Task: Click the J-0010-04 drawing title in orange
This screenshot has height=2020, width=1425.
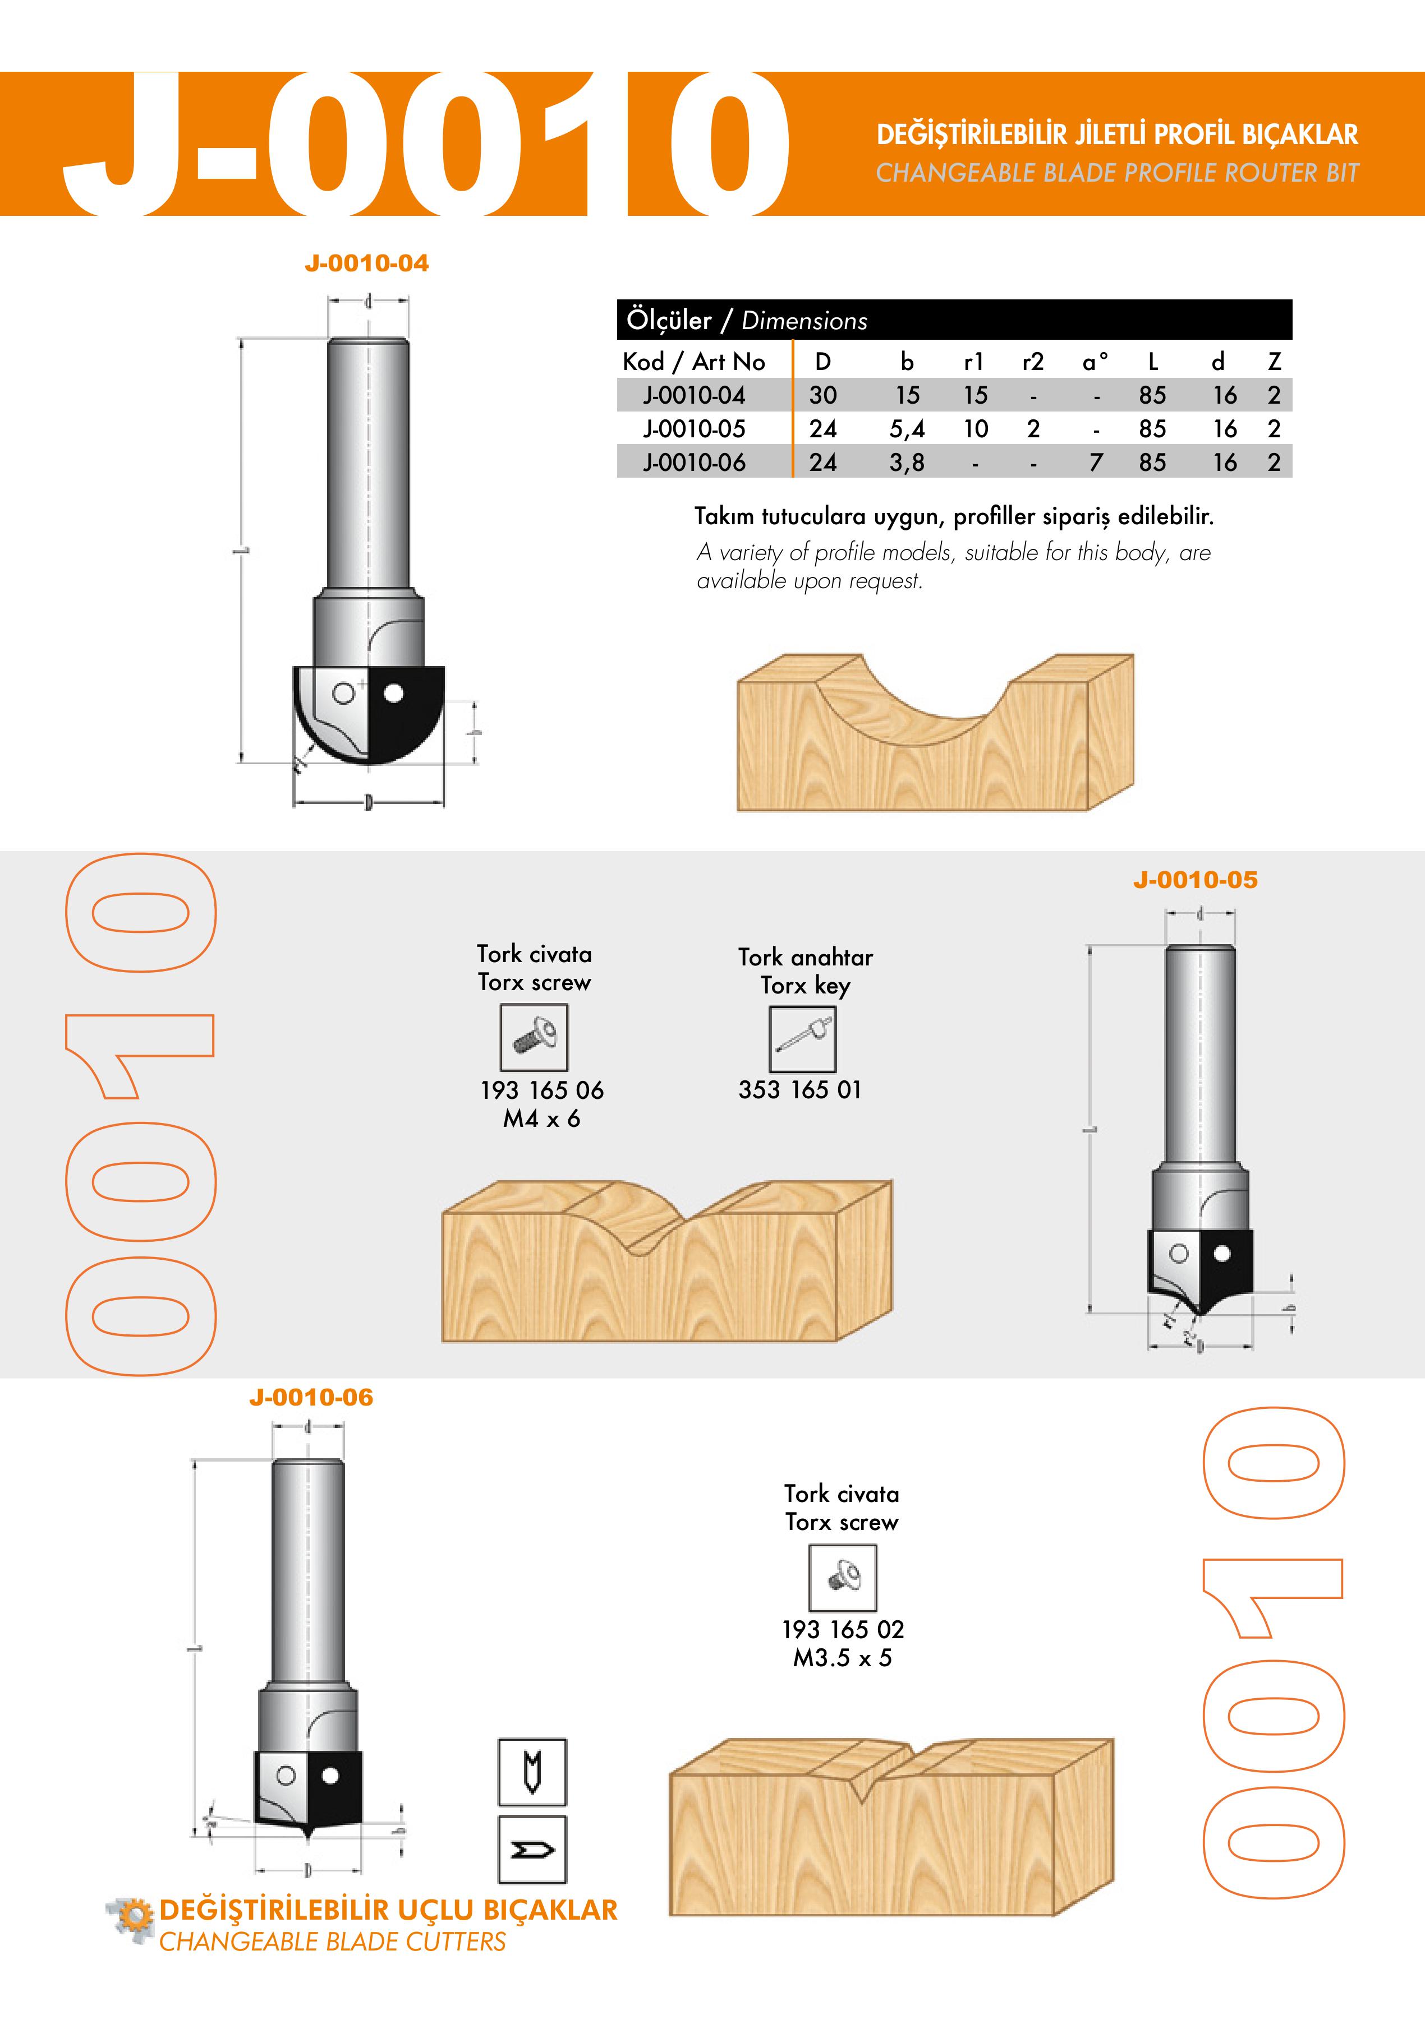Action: (366, 263)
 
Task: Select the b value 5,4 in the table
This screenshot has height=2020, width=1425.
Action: (907, 429)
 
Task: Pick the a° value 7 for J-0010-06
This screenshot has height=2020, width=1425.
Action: (1096, 462)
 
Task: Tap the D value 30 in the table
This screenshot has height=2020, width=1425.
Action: (823, 395)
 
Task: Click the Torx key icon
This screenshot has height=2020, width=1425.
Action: (803, 1039)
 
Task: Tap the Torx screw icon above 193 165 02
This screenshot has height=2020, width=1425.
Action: (842, 1578)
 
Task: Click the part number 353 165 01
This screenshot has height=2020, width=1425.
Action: (800, 1090)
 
